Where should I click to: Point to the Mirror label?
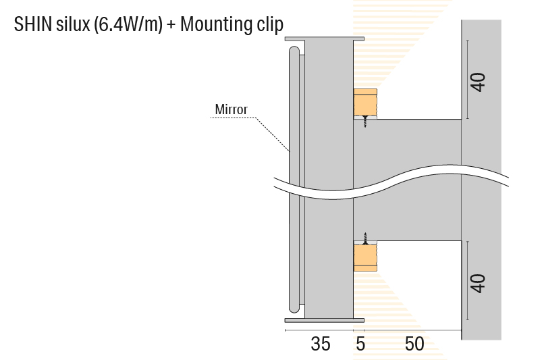pyautogui.click(x=231, y=109)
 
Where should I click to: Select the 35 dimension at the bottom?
pyautogui.click(x=321, y=344)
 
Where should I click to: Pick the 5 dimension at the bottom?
pyautogui.click(x=360, y=344)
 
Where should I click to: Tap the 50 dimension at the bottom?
pyautogui.click(x=414, y=344)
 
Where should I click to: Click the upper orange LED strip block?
pyautogui.click(x=365, y=103)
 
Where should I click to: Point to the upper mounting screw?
pyautogui.click(x=364, y=122)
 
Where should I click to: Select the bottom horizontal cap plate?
pyautogui.click(x=319, y=319)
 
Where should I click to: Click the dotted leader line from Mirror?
pyautogui.click(x=270, y=132)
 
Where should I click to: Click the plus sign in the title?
pyautogui.click(x=171, y=26)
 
